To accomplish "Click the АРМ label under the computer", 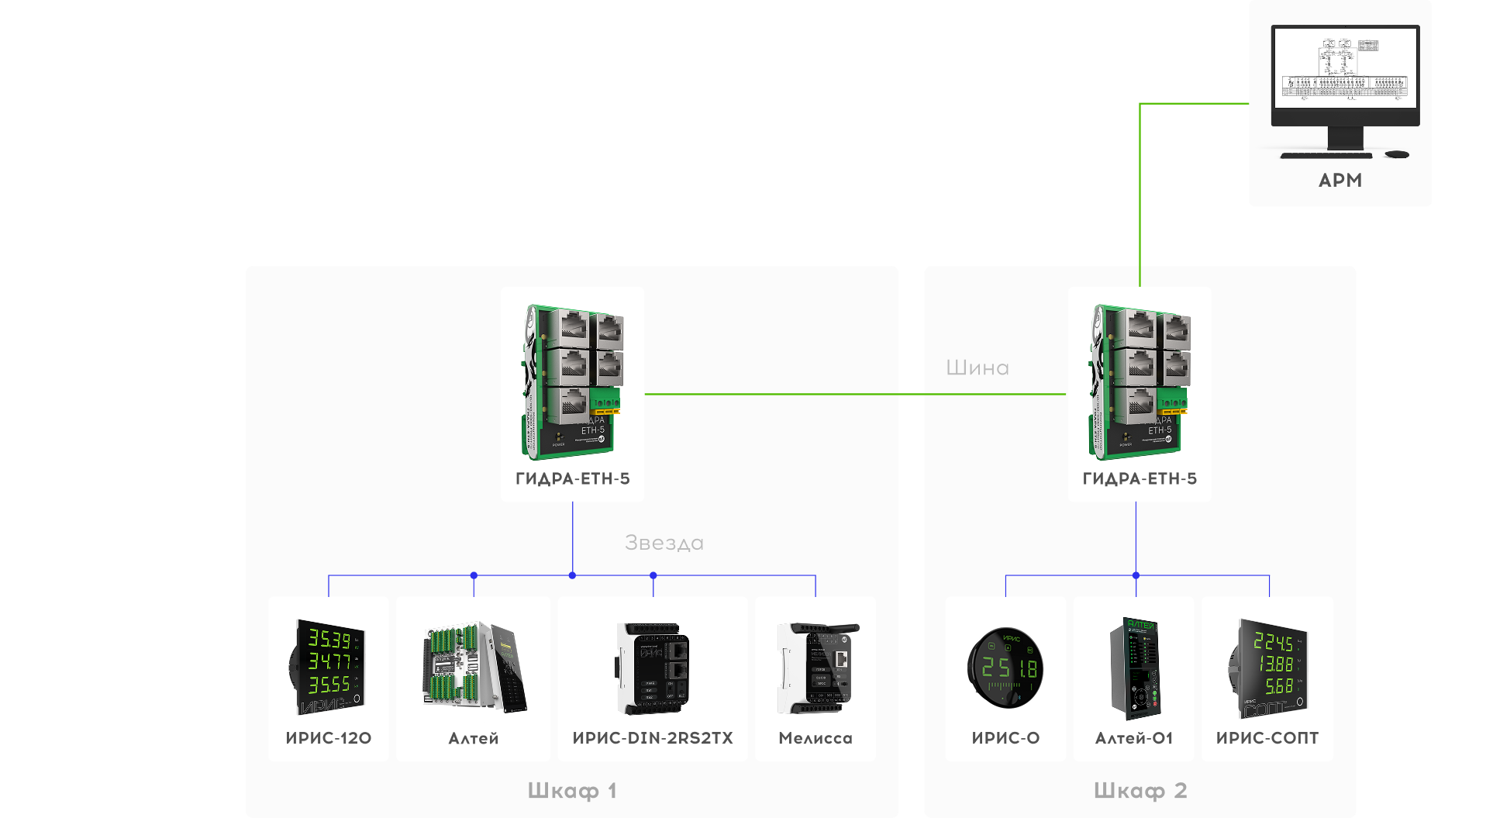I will (1340, 181).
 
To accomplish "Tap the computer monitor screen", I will (1345, 68).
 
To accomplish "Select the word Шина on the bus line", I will (977, 368).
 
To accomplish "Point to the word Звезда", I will (664, 543).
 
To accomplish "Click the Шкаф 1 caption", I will (572, 791).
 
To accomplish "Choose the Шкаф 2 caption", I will (1140, 791).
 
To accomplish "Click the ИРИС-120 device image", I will (329, 667).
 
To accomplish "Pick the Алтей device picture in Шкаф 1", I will (474, 667).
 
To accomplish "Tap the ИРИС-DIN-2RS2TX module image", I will (653, 667).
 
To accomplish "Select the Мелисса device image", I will (816, 667).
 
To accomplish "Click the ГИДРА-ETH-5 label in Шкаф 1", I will (572, 479).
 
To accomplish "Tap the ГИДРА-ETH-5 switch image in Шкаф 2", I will (1139, 380).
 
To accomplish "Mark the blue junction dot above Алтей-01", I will (1136, 575).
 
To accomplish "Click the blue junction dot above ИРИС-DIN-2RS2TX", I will (653, 575).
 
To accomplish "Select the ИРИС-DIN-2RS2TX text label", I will (653, 738).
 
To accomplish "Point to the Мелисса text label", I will (815, 738).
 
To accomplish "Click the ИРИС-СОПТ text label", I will (1267, 738).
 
